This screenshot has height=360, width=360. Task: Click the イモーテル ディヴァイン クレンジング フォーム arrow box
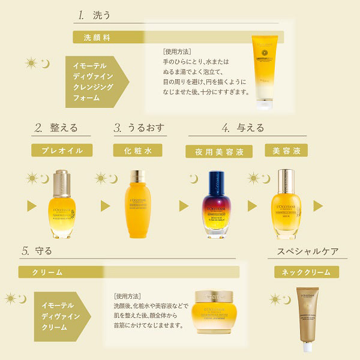tap(96, 82)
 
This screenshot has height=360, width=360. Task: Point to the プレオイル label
tap(62, 150)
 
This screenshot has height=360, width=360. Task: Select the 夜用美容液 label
tap(215, 152)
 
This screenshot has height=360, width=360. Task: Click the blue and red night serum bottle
tap(215, 205)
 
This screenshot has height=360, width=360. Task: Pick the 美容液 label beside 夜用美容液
tap(286, 150)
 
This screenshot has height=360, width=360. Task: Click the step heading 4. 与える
tap(242, 128)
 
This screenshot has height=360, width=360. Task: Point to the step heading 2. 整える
tap(55, 128)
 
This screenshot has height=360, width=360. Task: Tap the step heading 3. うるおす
tap(139, 128)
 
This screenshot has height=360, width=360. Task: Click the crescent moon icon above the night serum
tap(193, 178)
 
